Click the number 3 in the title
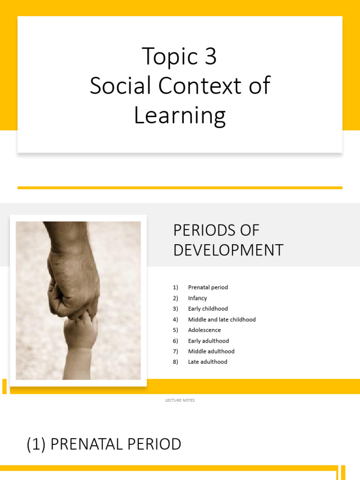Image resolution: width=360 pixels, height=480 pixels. [210, 57]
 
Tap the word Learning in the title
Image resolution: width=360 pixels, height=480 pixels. [180, 116]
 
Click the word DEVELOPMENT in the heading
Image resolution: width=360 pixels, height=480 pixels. [228, 250]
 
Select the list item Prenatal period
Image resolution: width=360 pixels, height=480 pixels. [208, 287]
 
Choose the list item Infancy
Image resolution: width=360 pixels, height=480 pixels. [197, 298]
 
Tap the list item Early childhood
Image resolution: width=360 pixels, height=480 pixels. [208, 309]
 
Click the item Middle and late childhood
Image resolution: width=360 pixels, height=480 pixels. [222, 320]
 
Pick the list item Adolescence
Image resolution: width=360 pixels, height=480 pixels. [204, 330]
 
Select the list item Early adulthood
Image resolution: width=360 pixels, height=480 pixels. [208, 341]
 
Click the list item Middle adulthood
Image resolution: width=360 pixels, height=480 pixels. [211, 351]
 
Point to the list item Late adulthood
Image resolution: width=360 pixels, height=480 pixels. [208, 362]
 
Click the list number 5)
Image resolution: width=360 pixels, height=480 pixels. [175, 330]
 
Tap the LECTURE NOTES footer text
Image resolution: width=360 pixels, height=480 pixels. [180, 400]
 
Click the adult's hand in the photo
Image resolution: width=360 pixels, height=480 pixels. [74, 277]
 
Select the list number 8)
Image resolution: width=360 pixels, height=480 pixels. [175, 362]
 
